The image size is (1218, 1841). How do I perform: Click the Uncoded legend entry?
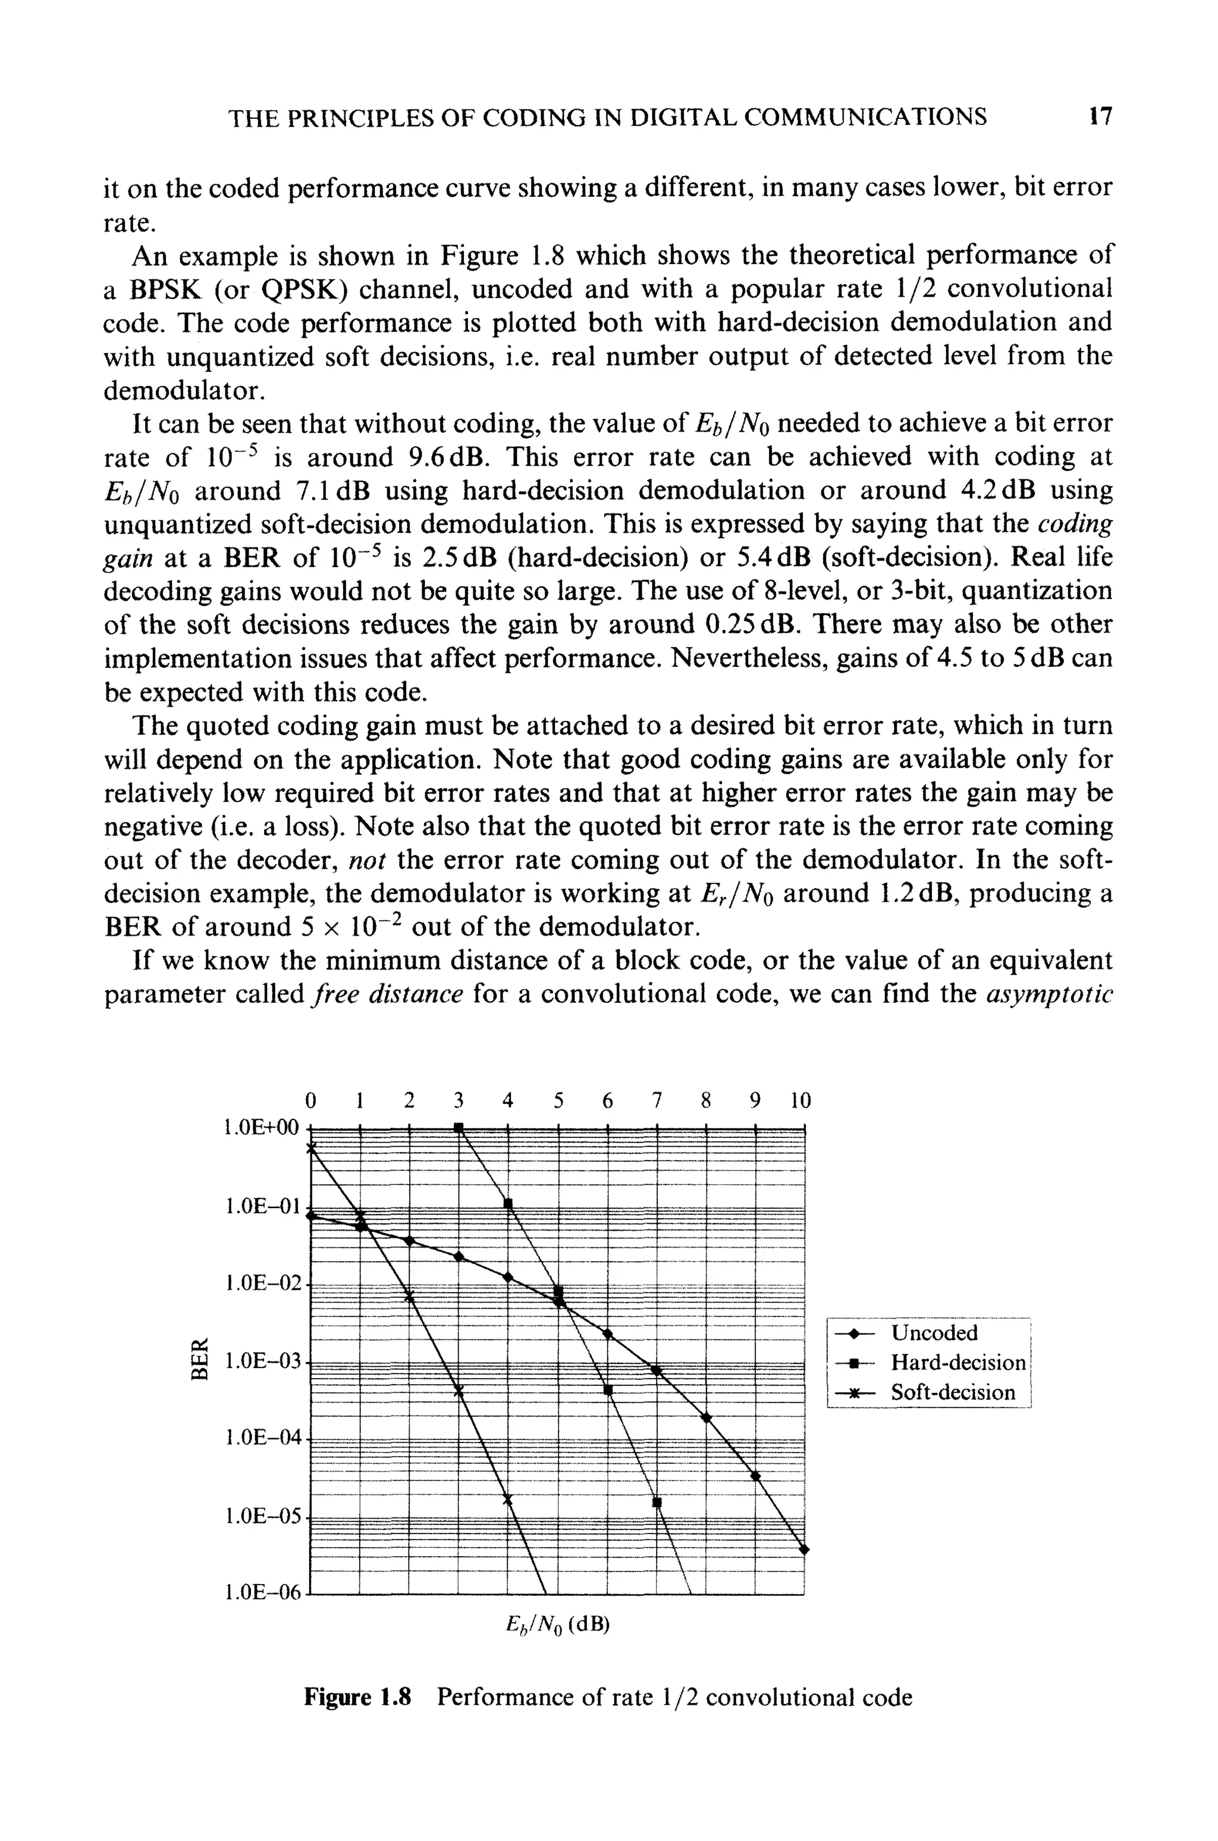click(x=934, y=1333)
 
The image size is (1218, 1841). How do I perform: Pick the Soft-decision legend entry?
click(x=952, y=1392)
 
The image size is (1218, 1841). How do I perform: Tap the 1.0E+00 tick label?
click(x=261, y=1127)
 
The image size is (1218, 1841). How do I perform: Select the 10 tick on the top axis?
click(x=800, y=1100)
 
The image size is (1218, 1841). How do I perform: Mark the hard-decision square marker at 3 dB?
click(x=459, y=1127)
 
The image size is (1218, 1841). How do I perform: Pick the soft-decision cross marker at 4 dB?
click(x=508, y=1499)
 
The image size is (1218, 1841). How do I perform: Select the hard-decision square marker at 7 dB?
click(x=657, y=1503)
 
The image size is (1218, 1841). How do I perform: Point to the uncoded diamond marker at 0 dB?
click(x=310, y=1216)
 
